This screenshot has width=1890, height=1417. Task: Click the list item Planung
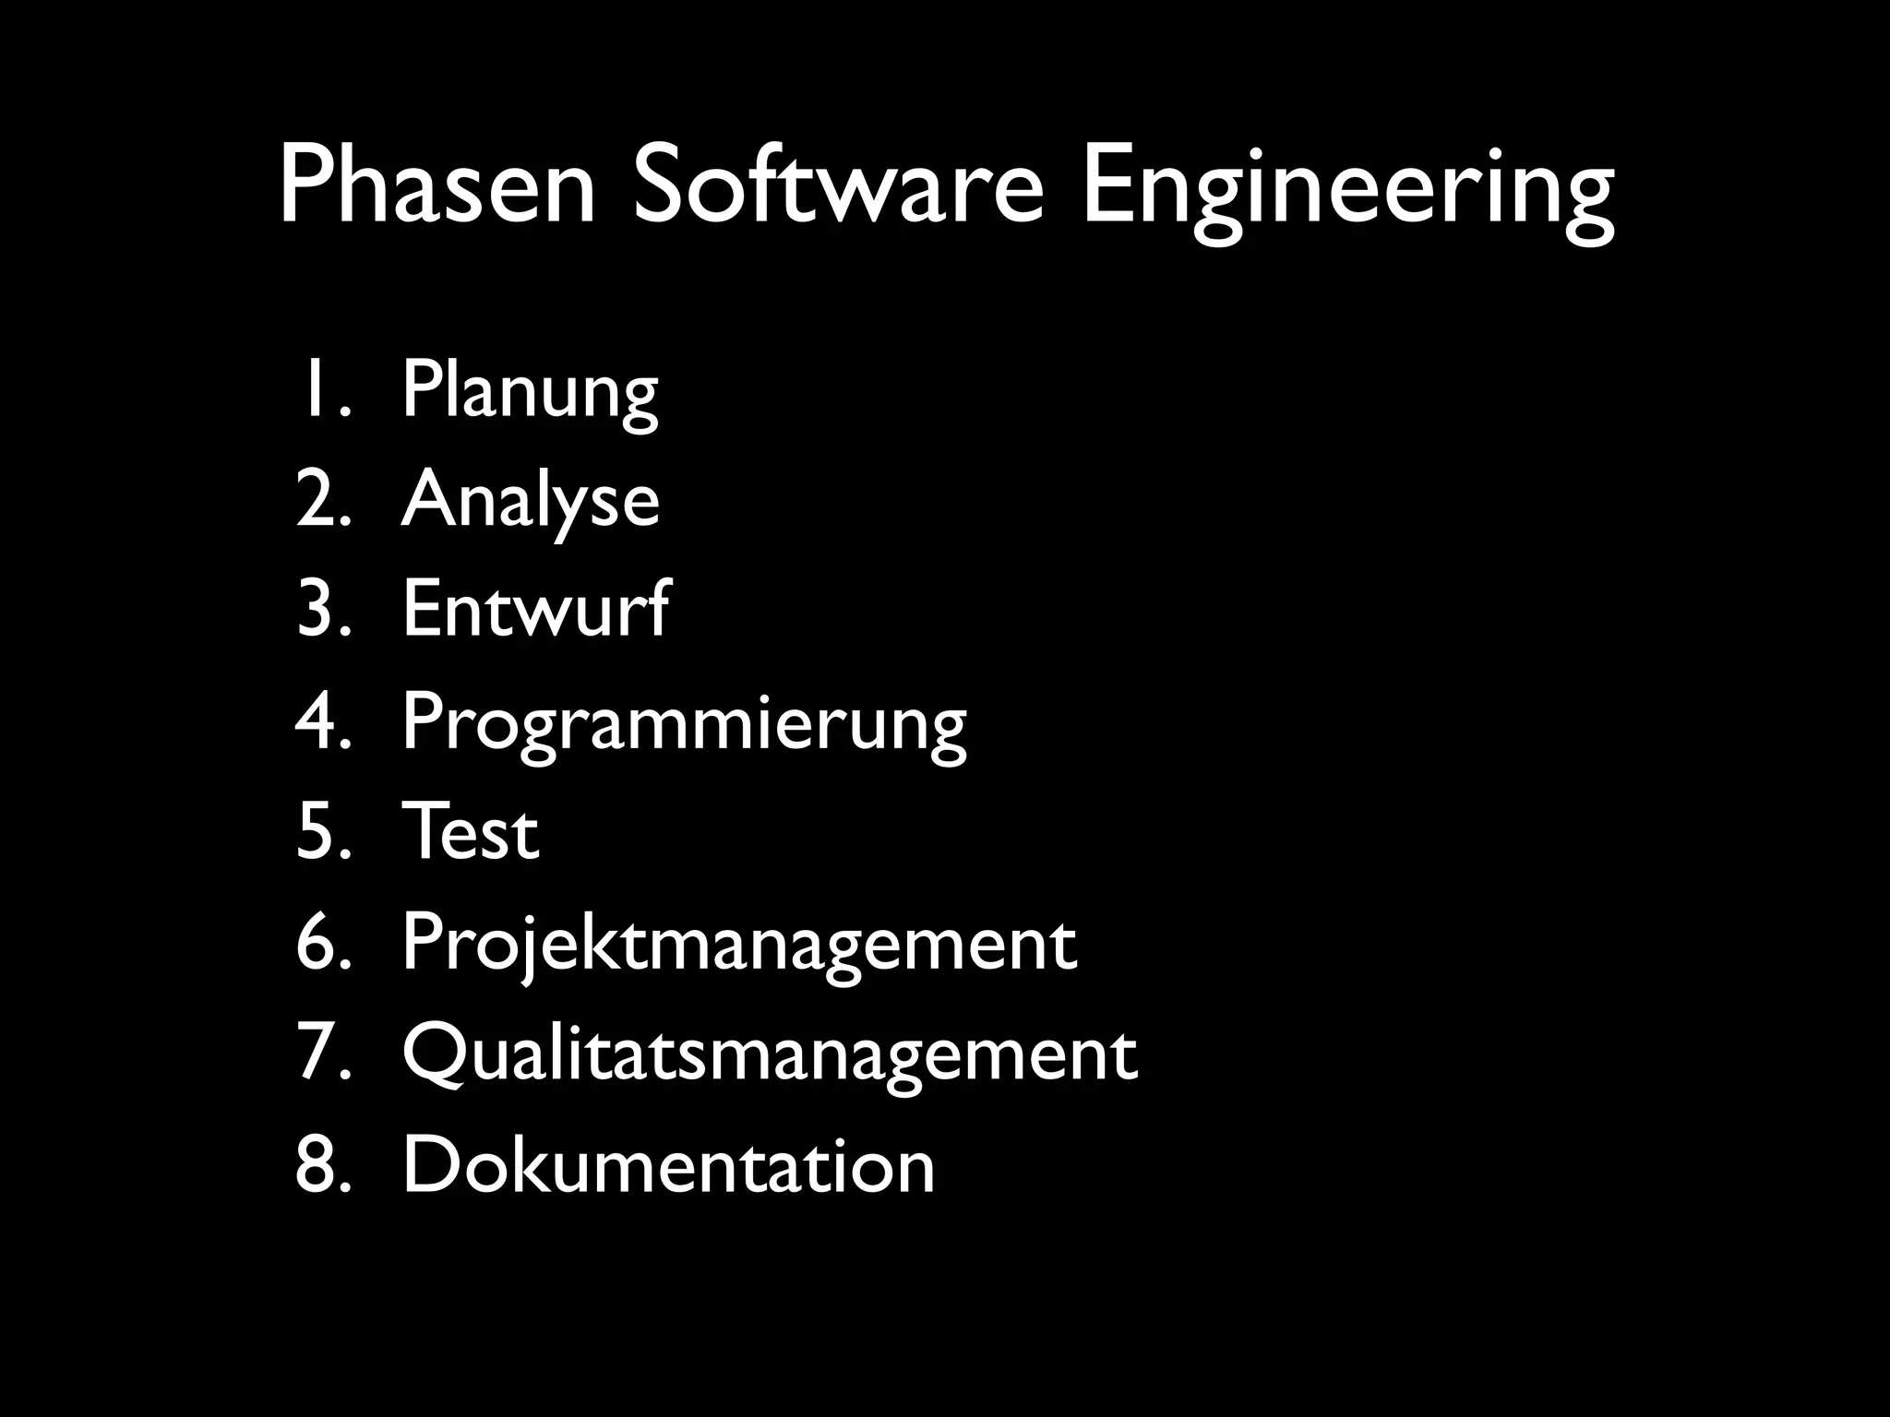530,392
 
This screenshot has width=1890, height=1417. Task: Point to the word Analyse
531,501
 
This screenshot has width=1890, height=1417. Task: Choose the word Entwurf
536,609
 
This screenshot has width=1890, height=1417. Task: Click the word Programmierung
684,724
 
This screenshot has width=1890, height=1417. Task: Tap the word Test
471,832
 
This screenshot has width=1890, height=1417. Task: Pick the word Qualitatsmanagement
770,1054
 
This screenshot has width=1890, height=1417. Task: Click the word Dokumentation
669,1165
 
